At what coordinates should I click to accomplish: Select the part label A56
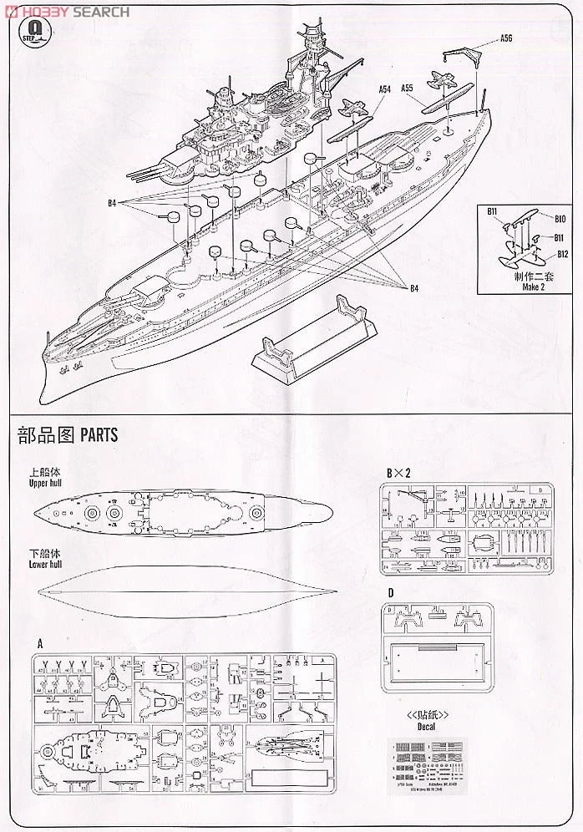click(x=507, y=38)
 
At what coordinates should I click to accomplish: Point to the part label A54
click(x=384, y=89)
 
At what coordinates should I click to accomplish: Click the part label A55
click(x=408, y=89)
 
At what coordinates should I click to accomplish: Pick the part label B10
click(x=561, y=219)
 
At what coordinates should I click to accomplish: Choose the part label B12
click(x=562, y=254)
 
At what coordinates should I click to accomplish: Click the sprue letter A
click(x=40, y=644)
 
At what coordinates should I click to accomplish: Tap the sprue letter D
click(x=389, y=593)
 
